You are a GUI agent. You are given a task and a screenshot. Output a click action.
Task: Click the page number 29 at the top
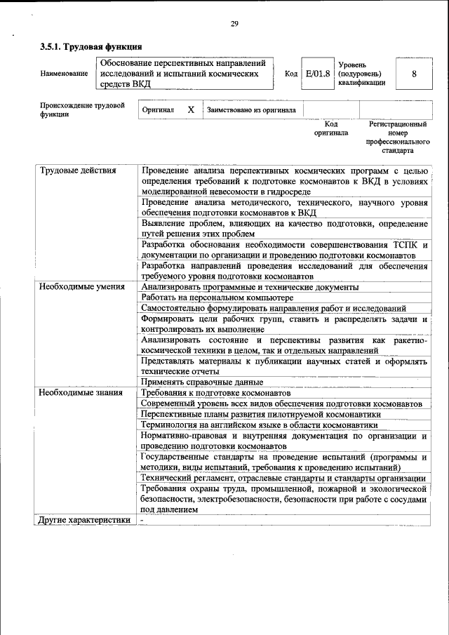[x=235, y=25]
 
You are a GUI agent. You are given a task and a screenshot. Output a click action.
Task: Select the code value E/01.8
[x=317, y=74]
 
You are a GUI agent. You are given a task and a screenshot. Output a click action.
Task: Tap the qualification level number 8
[x=414, y=74]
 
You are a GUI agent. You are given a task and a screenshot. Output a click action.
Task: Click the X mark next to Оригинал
[x=190, y=110]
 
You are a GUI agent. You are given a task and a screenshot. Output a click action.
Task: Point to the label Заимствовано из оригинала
[x=251, y=110]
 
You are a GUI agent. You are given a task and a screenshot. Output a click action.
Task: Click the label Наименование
[x=64, y=74]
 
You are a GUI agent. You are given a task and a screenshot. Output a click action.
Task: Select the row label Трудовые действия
[x=78, y=171]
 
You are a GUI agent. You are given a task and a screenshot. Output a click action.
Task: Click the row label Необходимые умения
[x=82, y=287]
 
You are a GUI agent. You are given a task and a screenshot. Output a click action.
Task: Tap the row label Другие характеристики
[x=85, y=520]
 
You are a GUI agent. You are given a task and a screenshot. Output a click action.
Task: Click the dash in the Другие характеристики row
[x=142, y=520]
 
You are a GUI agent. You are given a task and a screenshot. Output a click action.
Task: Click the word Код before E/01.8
[x=290, y=74]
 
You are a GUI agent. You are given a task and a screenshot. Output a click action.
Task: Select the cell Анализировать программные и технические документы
[x=249, y=287]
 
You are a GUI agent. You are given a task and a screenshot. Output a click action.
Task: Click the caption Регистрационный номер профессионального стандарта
[x=397, y=137]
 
